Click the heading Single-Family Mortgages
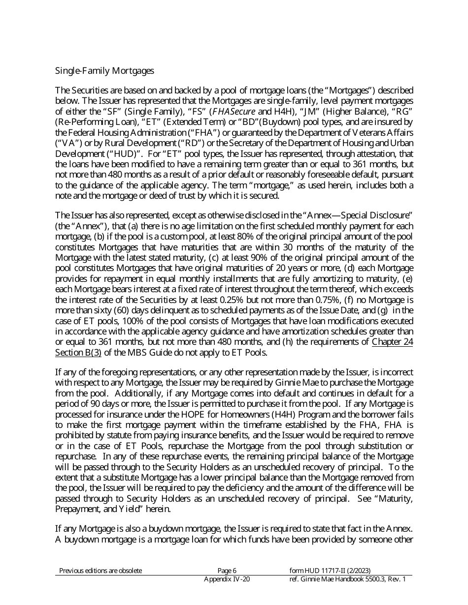point(104,71)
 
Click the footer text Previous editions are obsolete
point(100,571)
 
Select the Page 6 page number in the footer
point(227,571)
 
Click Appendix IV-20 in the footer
point(227,579)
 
